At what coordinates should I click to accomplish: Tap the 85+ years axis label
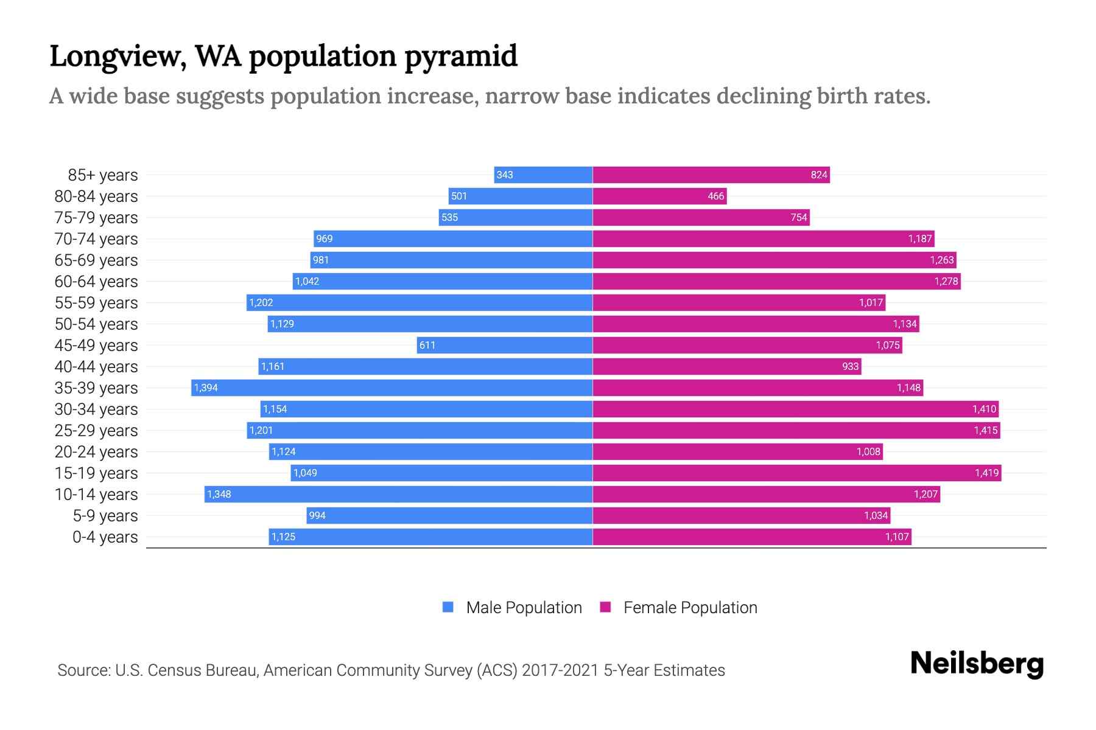[x=103, y=175]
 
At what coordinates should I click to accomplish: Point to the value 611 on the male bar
[x=427, y=346]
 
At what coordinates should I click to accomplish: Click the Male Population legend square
[x=448, y=607]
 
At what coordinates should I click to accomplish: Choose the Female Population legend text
[x=690, y=608]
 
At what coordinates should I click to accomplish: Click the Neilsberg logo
[x=977, y=664]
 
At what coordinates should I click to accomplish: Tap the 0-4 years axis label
[x=105, y=537]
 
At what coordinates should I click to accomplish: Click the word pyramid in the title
[x=460, y=57]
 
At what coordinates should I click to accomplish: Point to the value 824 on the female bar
[x=818, y=175]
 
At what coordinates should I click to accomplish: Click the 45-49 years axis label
[x=96, y=346]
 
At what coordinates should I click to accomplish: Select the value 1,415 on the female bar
[x=985, y=431]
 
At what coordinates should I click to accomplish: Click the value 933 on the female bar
[x=850, y=367]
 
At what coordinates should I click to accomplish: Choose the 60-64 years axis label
[x=96, y=282]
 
